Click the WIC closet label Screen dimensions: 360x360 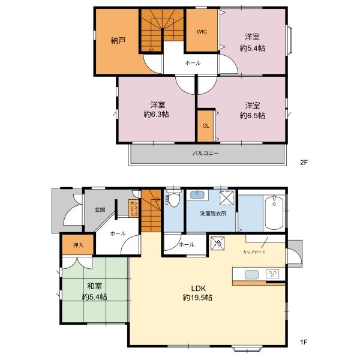[x=202, y=32]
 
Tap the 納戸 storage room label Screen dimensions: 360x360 [x=118, y=41]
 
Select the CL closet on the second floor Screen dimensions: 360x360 [x=206, y=126]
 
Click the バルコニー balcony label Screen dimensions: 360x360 [x=205, y=153]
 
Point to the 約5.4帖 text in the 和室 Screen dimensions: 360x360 [x=94, y=297]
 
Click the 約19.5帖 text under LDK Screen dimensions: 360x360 [x=197, y=298]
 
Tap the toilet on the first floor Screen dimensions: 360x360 [x=173, y=198]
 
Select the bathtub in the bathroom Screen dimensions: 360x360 [x=274, y=213]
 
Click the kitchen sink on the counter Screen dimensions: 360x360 [x=251, y=275]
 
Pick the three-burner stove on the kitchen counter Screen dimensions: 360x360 [x=272, y=274]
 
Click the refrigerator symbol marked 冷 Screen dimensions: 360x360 [x=217, y=244]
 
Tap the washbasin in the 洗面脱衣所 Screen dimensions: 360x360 [x=197, y=195]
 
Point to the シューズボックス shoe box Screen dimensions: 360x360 [x=133, y=208]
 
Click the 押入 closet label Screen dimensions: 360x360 [x=78, y=245]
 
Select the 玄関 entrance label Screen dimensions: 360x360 [x=100, y=209]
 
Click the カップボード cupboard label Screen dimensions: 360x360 [x=254, y=252]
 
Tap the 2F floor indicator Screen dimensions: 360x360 [x=304, y=163]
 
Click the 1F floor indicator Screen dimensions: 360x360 [x=304, y=342]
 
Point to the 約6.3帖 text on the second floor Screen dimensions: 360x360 [x=157, y=114]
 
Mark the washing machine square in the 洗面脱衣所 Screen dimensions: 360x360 [x=226, y=197]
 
